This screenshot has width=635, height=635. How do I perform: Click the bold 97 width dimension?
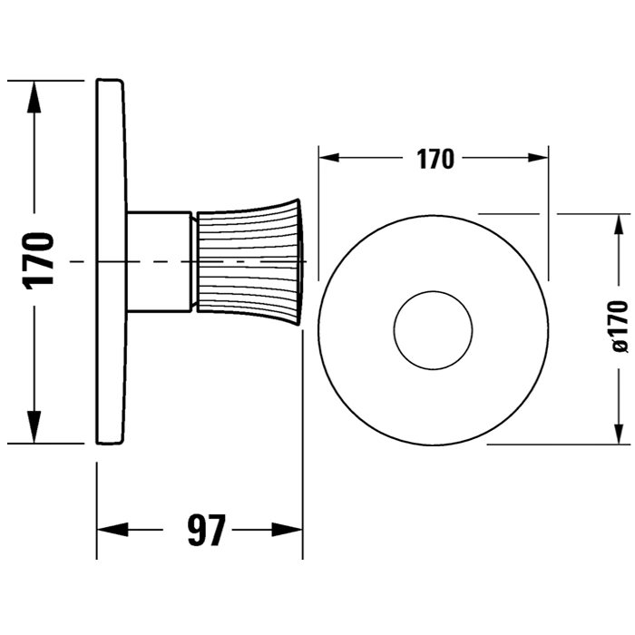pos(206,530)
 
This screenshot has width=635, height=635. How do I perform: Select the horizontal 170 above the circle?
pos(435,159)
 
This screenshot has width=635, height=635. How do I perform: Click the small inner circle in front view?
pos(433,330)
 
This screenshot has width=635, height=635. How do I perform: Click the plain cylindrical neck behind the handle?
pos(160,261)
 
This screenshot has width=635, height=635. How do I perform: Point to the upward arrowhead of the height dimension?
pos(34,94)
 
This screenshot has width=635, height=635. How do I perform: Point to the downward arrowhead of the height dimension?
pos(34,428)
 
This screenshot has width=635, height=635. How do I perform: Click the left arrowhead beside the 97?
pos(109,530)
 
